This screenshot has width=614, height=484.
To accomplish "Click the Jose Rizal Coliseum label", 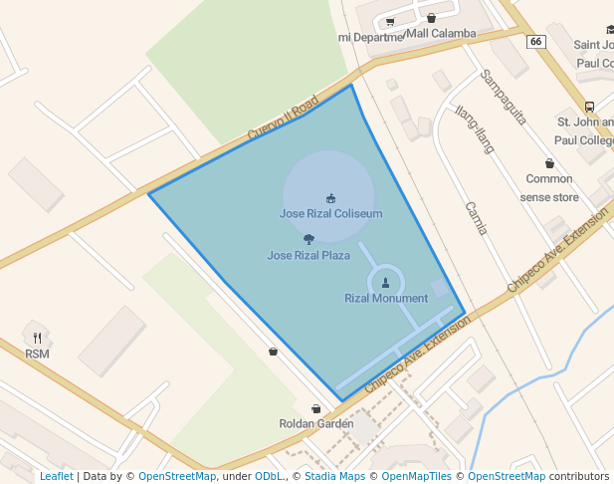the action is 330,213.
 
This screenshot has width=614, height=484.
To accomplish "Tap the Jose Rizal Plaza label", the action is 308,255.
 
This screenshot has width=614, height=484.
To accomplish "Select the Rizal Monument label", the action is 386,298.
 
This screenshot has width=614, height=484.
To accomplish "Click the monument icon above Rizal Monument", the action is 386,283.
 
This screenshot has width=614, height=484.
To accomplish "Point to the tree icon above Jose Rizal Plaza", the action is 308,239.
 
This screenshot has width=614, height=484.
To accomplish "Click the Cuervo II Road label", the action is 283,118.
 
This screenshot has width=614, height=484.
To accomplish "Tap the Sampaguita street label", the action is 503,97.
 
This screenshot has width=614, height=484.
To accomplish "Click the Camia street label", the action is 477,218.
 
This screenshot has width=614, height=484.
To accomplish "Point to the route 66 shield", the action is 536,41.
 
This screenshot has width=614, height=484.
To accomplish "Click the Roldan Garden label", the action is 316,423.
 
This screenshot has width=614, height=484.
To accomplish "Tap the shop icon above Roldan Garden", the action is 316,408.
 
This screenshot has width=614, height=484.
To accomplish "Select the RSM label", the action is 38,353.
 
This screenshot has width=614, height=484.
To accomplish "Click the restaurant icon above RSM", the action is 38,338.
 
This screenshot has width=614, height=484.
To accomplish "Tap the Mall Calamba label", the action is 442,33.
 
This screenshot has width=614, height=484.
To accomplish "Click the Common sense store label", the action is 549,188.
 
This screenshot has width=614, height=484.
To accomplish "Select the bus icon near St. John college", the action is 589,108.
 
